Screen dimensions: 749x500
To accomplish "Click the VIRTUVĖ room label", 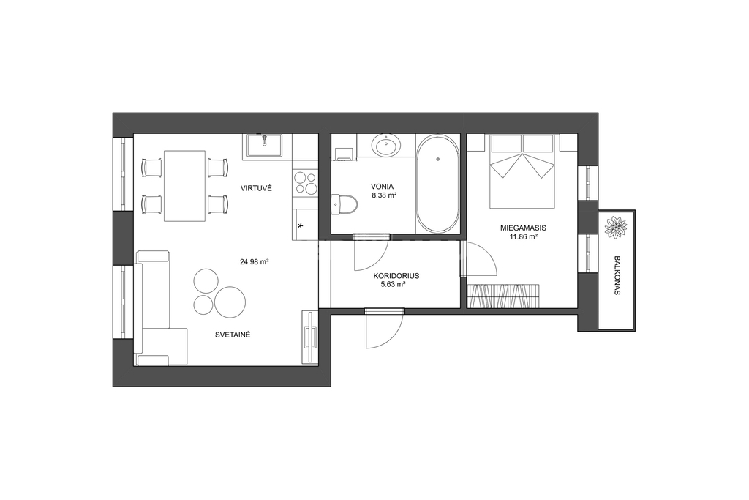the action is [256, 188].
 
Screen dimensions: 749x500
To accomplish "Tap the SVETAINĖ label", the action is [233, 335].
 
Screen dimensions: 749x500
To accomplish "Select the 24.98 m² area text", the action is [254, 262].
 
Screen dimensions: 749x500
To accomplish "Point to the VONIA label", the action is [382, 187].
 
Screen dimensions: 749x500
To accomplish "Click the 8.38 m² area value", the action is [385, 195].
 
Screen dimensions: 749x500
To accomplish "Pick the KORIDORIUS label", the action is [396, 276].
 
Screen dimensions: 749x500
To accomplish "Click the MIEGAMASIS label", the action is [523, 228].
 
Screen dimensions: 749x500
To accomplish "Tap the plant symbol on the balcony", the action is [616, 227].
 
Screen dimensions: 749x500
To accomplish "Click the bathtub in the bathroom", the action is [437, 184].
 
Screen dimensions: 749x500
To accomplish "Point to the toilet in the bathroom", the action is [344, 204].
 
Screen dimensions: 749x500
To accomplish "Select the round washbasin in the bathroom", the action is [386, 145].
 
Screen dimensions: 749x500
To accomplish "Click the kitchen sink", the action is [264, 145].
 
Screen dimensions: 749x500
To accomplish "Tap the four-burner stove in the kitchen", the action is [305, 184].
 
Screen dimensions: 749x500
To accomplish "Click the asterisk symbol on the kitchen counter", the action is [301, 226].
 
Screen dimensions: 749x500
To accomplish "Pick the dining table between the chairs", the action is [185, 186].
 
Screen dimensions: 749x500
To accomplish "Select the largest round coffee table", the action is [230, 302].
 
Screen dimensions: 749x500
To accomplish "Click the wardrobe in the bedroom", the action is [503, 296].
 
